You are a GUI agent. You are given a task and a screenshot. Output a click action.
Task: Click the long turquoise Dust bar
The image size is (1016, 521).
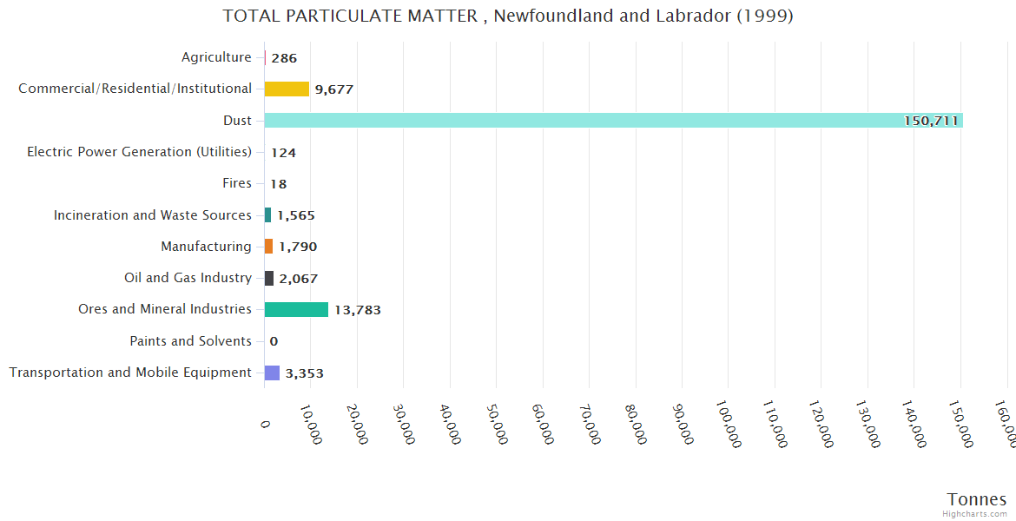[613, 121]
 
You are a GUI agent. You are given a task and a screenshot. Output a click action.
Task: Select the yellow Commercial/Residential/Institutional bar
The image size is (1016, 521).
[287, 89]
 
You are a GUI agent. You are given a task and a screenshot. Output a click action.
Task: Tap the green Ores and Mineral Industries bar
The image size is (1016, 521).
[296, 309]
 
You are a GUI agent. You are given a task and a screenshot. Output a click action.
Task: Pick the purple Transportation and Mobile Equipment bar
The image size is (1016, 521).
[272, 373]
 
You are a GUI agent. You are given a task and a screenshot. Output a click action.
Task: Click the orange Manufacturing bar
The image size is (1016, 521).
[268, 247]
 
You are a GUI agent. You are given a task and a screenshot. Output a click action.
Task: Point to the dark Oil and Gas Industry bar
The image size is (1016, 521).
[269, 278]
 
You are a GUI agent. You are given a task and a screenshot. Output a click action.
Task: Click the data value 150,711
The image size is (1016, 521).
[931, 121]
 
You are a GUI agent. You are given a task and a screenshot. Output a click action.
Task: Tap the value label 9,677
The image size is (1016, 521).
[334, 89]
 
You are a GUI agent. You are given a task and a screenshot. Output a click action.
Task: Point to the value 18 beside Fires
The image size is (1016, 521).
[279, 184]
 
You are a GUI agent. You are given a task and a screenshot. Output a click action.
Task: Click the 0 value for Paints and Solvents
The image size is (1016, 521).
[274, 341]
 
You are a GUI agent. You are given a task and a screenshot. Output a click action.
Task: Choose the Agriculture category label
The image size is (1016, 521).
[216, 57]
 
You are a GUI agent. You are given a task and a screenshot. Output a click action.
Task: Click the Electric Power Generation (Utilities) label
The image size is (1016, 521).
[139, 152]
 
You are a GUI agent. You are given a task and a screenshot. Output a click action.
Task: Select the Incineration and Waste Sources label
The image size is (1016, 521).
[153, 214]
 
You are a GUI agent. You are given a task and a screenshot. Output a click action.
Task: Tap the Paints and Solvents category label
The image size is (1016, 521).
[190, 341]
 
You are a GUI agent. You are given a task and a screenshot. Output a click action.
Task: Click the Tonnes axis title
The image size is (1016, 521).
[976, 499]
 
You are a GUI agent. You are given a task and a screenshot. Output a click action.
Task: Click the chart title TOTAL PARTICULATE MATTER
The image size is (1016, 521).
[507, 16]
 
